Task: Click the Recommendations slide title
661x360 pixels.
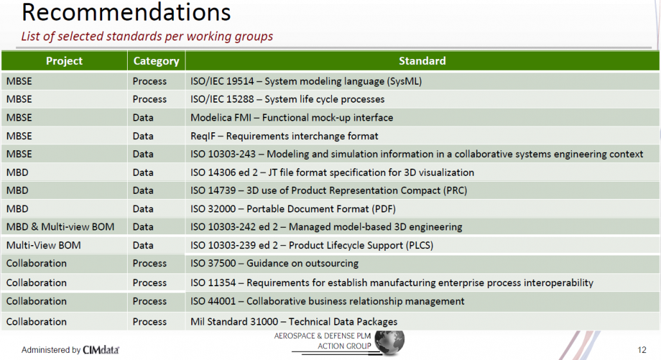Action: pos(126,12)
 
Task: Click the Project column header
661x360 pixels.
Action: pos(64,61)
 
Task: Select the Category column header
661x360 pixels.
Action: pos(156,61)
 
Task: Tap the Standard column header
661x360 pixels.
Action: pos(422,61)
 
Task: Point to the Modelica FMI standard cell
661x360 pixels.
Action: pos(291,118)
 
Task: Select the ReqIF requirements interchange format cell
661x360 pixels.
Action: pos(284,136)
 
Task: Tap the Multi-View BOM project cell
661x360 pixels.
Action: pos(44,246)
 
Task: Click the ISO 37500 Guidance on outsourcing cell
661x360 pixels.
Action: pos(274,264)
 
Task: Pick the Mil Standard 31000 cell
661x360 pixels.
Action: pos(294,322)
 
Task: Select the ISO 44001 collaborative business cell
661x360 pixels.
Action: pos(327,302)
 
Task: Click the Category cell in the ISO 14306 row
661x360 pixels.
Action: pos(143,173)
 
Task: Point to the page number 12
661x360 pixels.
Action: pos(642,350)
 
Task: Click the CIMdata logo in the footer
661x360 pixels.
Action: pos(101,350)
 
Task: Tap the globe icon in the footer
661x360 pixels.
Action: pos(390,342)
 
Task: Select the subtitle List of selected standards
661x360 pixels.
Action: pos(147,37)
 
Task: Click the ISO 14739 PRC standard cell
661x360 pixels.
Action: pos(329,191)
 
